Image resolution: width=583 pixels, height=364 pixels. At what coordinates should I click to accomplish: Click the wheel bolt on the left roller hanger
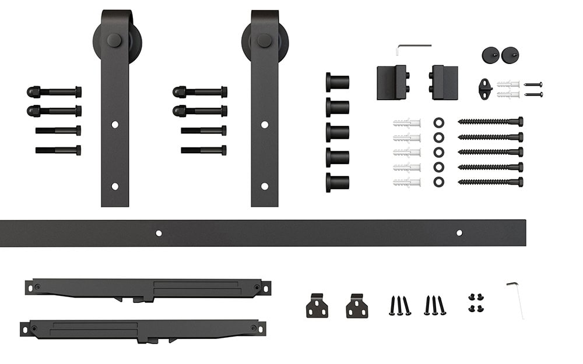(114, 40)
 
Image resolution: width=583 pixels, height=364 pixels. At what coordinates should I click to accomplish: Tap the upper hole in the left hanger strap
(115, 125)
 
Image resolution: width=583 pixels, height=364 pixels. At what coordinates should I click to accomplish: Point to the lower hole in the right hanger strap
(265, 186)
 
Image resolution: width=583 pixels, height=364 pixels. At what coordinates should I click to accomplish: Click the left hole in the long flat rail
(159, 233)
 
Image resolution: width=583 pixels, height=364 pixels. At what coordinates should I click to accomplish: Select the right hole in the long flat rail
(459, 233)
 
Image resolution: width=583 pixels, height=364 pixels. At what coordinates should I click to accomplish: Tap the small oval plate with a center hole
(485, 89)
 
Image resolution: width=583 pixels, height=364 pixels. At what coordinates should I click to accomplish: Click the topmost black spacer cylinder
(338, 82)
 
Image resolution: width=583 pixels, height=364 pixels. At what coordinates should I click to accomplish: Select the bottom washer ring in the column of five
(438, 182)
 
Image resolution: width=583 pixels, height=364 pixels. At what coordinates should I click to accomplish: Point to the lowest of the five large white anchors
(407, 182)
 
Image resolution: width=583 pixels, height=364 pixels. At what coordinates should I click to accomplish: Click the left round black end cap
(490, 55)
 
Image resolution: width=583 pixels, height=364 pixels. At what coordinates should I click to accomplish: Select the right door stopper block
(444, 83)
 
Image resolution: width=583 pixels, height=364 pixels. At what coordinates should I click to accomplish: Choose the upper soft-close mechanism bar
(148, 289)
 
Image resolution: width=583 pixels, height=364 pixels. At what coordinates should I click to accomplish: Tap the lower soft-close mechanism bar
(143, 330)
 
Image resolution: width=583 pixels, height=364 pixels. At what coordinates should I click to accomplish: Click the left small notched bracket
(317, 306)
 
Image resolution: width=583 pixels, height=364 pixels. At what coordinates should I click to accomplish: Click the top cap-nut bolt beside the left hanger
(54, 92)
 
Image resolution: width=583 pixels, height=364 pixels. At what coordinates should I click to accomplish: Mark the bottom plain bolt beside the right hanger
(203, 150)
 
